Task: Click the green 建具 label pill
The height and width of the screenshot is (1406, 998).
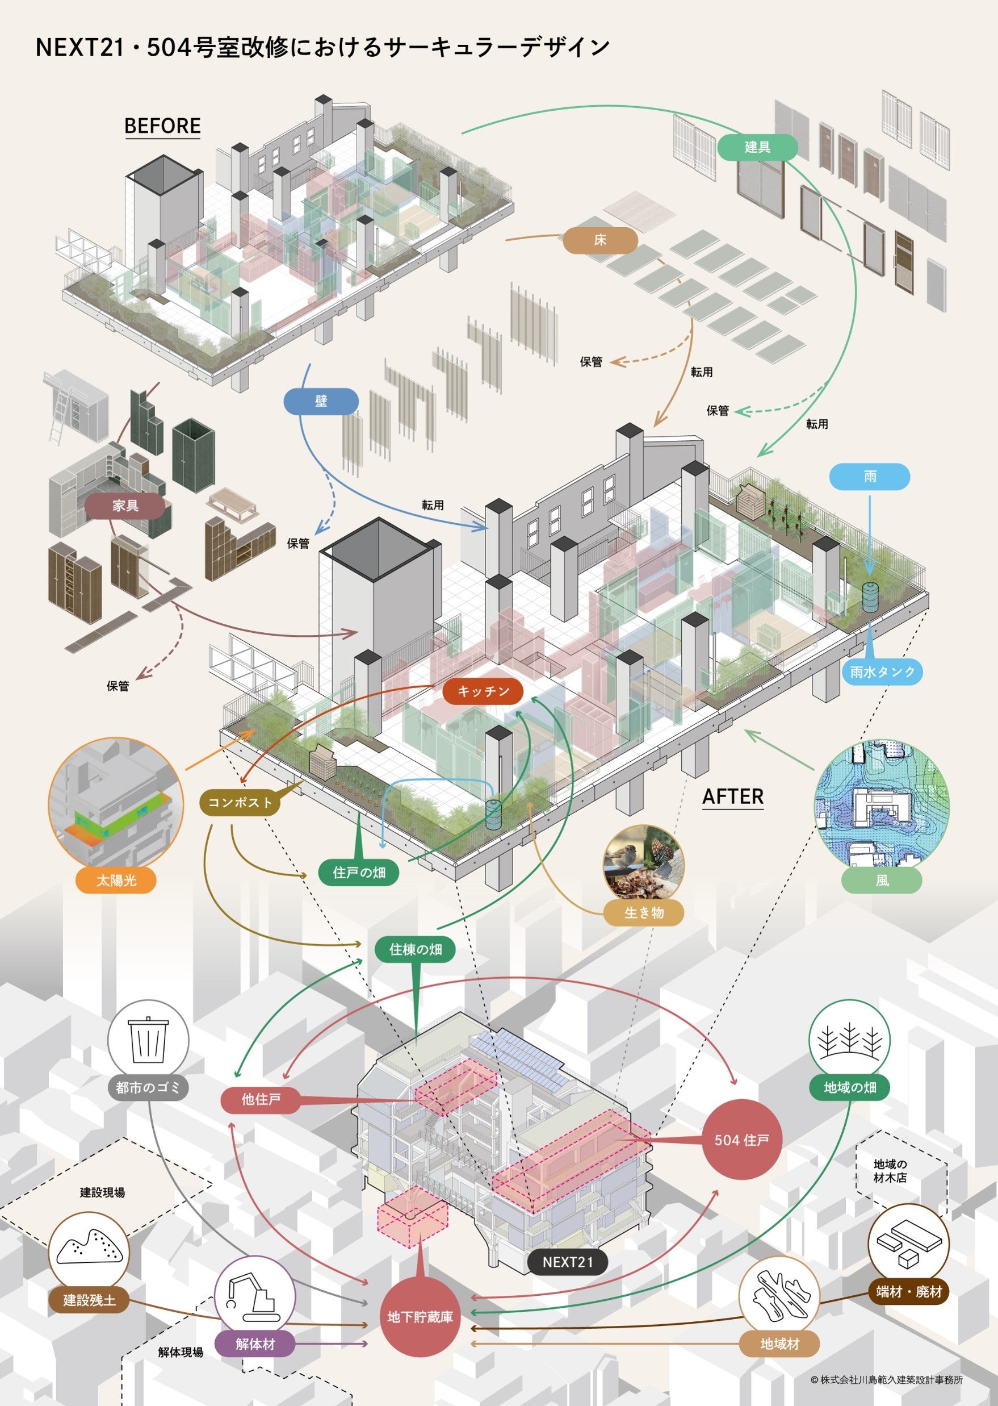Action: (757, 148)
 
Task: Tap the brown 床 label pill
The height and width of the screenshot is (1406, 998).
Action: (600, 240)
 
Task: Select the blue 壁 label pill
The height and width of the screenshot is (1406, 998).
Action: (321, 402)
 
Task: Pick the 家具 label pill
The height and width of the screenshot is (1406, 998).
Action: (125, 506)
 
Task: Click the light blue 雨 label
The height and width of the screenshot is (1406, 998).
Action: (870, 477)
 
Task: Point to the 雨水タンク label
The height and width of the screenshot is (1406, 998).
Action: (882, 672)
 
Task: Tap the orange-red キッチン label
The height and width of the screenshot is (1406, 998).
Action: (483, 691)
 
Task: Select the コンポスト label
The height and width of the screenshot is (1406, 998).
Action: (240, 802)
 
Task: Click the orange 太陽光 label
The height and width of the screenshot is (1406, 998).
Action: (116, 881)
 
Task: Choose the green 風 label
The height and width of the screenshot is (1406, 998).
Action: (882, 881)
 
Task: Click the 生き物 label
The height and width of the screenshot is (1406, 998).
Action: (643, 913)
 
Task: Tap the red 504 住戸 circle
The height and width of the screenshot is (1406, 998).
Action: (742, 1140)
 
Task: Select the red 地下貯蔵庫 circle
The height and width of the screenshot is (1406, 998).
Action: (420, 1317)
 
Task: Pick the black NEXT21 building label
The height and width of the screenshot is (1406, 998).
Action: (567, 1262)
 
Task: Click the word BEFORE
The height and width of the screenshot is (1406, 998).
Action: (163, 126)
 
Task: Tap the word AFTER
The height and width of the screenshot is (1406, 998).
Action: (732, 797)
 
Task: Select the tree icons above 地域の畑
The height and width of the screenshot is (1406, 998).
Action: (849, 1040)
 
